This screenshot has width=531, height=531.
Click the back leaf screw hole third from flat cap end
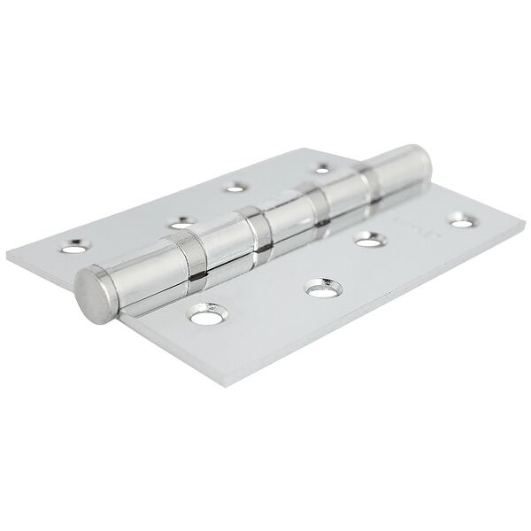click(x=235, y=186)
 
